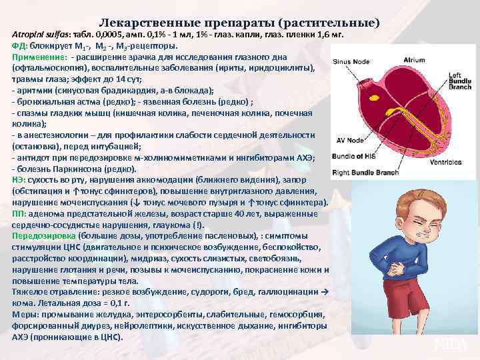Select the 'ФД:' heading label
click(x=20, y=46)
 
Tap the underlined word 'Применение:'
click(x=38, y=58)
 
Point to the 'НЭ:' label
click(x=19, y=179)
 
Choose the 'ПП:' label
click(x=19, y=213)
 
